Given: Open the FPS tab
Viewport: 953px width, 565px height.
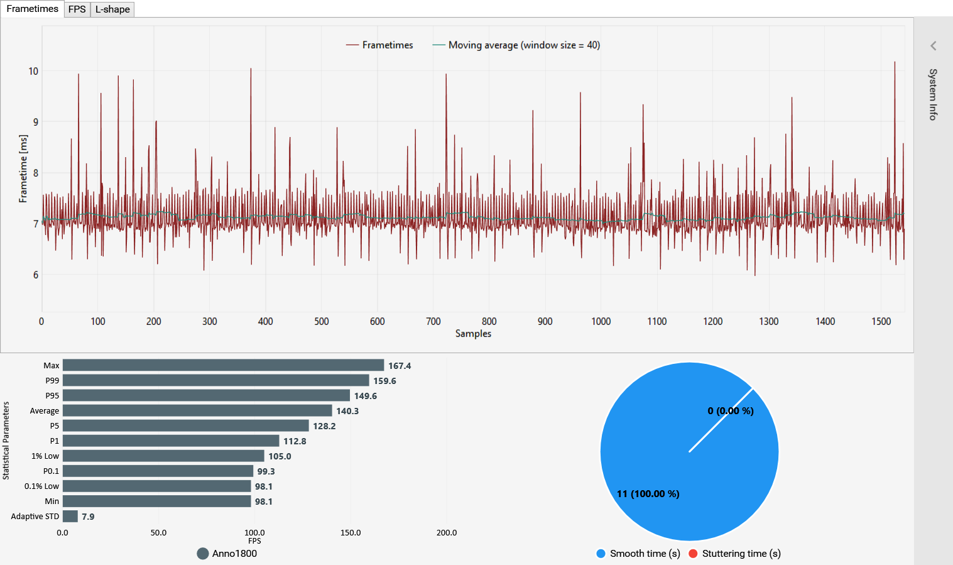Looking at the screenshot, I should click(77, 9).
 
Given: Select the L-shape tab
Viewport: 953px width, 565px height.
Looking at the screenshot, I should click(112, 9).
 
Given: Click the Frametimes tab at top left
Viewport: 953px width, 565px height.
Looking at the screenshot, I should click(32, 9).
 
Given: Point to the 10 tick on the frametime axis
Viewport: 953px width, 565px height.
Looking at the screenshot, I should click(33, 72).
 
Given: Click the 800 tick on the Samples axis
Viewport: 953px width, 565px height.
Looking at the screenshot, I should click(489, 322).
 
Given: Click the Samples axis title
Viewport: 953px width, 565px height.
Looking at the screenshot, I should click(473, 334).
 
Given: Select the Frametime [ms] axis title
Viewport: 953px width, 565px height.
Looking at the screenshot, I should click(23, 168).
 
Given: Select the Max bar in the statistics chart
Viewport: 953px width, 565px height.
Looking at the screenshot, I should click(223, 365).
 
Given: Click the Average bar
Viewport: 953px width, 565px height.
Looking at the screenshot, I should click(197, 410).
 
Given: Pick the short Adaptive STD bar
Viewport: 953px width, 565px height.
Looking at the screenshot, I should click(70, 516).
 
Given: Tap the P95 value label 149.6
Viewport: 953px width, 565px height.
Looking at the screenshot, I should click(365, 396).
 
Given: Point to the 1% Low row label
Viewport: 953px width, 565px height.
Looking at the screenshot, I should click(45, 456).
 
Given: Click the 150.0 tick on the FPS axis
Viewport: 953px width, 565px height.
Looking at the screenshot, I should click(351, 533).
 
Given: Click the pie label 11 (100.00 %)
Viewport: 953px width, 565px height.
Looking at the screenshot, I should click(648, 494).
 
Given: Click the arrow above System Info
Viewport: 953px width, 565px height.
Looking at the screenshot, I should click(934, 46).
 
